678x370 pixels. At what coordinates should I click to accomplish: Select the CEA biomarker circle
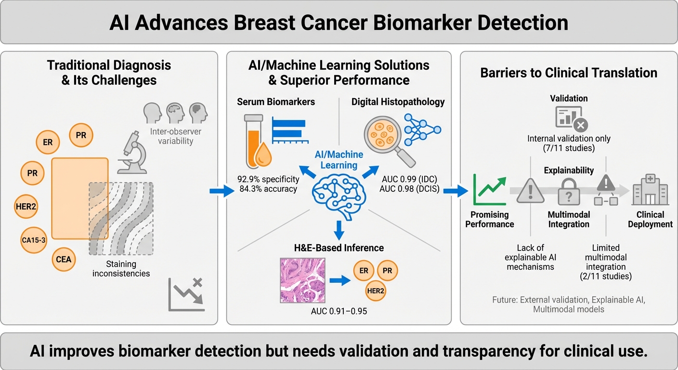pyautogui.click(x=63, y=260)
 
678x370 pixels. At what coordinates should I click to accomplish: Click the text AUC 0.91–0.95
pyautogui.click(x=339, y=311)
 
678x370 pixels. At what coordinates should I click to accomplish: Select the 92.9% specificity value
pyautogui.click(x=268, y=179)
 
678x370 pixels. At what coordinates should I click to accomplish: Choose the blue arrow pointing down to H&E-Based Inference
pyautogui.click(x=339, y=228)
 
